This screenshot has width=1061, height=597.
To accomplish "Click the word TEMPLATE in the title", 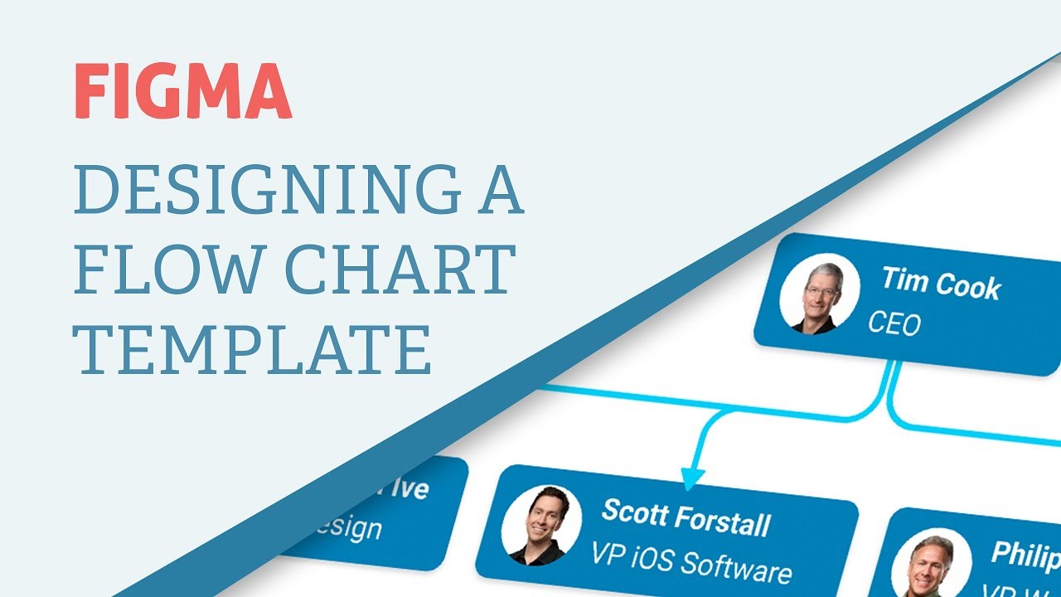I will point(253,349).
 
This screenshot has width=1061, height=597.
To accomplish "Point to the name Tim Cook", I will point(941,284).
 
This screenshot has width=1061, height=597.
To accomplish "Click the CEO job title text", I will point(894,323).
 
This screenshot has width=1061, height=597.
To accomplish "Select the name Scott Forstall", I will point(686,517).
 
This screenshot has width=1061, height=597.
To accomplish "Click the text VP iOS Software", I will point(693,561).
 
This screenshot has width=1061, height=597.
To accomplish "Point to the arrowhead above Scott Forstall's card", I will point(693,477).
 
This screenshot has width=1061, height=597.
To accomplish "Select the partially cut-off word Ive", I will point(411,488).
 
